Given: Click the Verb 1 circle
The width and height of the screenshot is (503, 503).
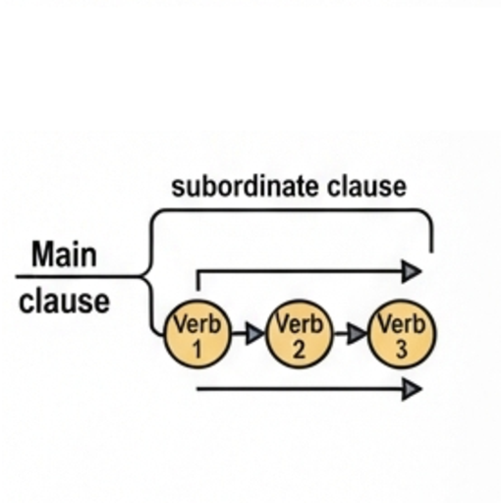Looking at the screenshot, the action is click(197, 334).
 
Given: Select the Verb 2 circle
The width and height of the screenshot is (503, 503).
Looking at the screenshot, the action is click(300, 334).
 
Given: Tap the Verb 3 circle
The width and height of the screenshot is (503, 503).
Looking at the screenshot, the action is click(402, 334).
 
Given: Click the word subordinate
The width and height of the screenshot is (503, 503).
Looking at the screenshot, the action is click(245, 187).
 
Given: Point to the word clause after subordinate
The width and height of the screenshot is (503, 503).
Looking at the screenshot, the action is click(367, 187).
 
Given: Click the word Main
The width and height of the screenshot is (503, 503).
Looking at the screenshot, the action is click(64, 254).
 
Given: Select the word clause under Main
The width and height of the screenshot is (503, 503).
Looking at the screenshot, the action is click(64, 302).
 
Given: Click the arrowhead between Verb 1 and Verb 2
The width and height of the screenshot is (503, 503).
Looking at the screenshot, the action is click(254, 334).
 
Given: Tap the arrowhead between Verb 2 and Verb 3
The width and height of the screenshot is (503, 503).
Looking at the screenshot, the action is click(357, 334).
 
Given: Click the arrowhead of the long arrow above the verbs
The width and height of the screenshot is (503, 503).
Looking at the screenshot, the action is click(412, 271).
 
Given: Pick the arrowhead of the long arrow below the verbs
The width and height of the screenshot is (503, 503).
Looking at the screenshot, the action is click(412, 389).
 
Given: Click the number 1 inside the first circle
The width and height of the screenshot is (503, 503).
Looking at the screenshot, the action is click(197, 349).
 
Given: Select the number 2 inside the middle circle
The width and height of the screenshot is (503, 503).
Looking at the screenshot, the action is click(299, 349).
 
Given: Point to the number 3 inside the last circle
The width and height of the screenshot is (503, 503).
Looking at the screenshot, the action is click(402, 349).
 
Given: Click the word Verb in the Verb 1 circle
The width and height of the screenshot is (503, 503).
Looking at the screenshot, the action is click(197, 323).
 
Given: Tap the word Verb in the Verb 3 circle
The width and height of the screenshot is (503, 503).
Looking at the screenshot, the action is click(402, 323).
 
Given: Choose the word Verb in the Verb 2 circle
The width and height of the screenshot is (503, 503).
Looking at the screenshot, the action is click(300, 323).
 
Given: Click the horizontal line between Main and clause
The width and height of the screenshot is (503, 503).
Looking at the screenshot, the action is click(79, 277).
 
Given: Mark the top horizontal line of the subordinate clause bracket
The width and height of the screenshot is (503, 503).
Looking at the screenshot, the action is click(292, 210).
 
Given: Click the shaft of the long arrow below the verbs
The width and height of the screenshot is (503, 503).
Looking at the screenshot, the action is click(300, 389).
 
